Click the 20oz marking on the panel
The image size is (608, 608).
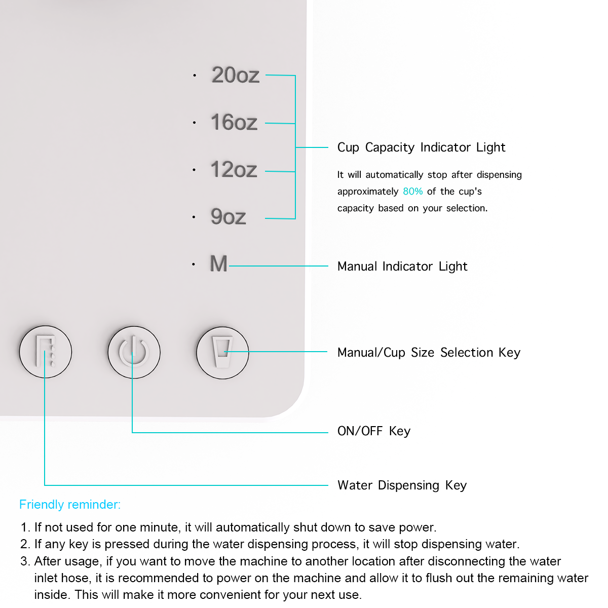[236, 75]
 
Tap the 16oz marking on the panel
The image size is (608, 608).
[234, 123]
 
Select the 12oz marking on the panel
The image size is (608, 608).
[234, 170]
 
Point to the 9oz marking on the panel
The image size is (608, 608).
[229, 217]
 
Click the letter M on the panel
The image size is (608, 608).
[218, 264]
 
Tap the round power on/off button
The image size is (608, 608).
[134, 352]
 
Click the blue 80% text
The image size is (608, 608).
[412, 192]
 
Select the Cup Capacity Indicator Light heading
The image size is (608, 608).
[421, 147]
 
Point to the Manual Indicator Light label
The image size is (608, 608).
[402, 267]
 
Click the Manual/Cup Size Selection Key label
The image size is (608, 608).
[429, 353]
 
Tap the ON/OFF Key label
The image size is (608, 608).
[374, 431]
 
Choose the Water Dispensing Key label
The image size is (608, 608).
[402, 485]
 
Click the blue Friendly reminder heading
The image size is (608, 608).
[70, 505]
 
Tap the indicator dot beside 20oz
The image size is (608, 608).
[195, 76]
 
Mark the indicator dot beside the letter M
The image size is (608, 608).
[194, 264]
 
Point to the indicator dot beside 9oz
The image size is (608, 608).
[194, 217]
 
